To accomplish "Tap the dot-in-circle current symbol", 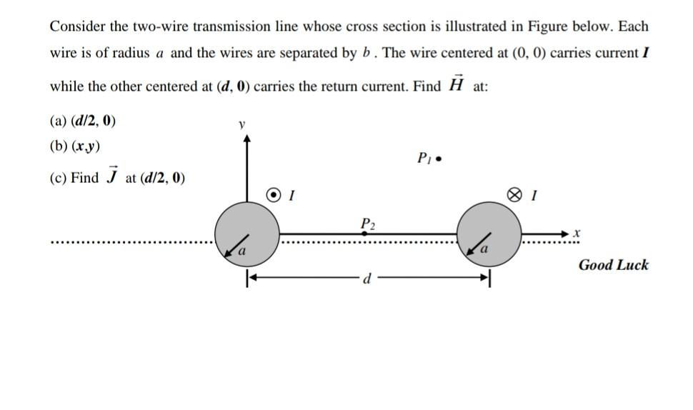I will pyautogui.click(x=274, y=194).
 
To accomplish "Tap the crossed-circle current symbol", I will pyautogui.click(x=513, y=194).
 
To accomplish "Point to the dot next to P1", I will pyautogui.click(x=438, y=159).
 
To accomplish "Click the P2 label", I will pyautogui.click(x=367, y=224).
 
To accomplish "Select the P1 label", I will pyautogui.click(x=424, y=158).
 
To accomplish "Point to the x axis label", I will pyautogui.click(x=577, y=233).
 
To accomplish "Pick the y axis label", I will pyautogui.click(x=242, y=124).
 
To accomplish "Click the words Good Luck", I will pyautogui.click(x=613, y=265).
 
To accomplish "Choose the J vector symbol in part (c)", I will pyautogui.click(x=111, y=177).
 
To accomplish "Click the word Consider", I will pyautogui.click(x=79, y=26).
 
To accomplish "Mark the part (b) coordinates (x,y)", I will pyautogui.click(x=85, y=147).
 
